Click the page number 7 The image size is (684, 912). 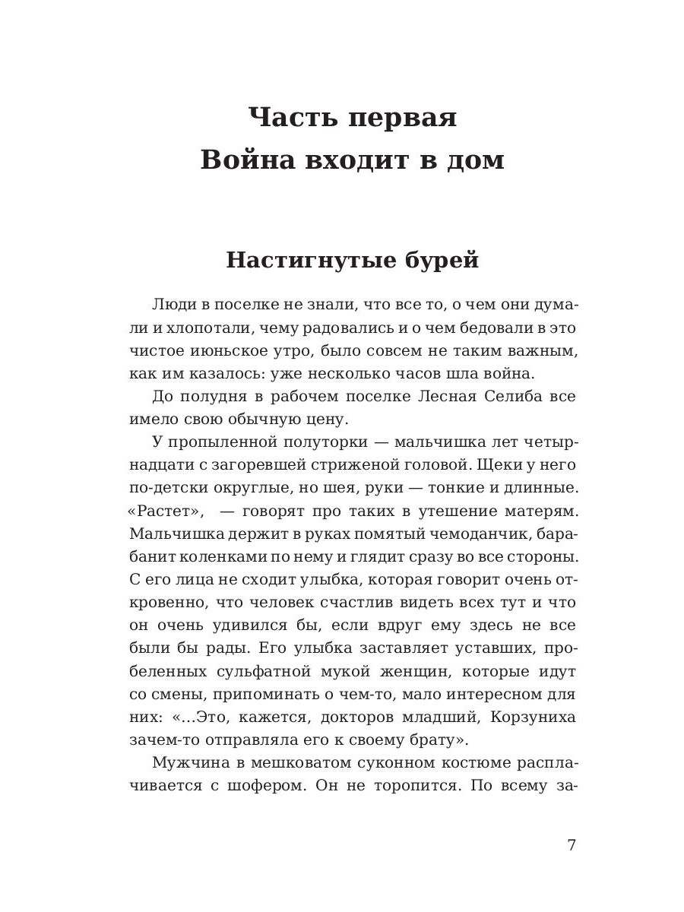tap(572, 845)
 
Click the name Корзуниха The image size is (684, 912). tap(534, 717)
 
